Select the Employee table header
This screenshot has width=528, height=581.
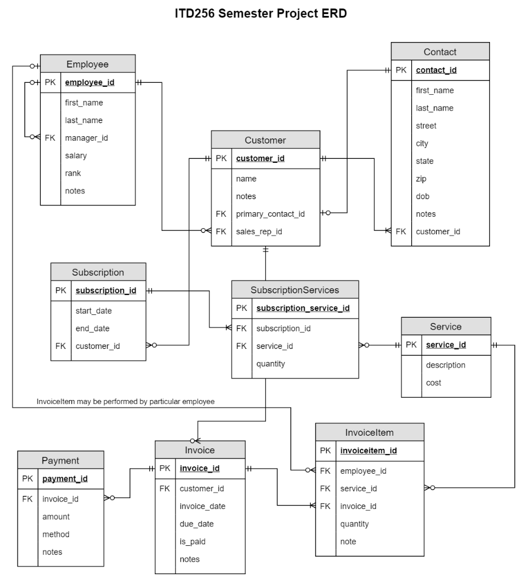(87, 64)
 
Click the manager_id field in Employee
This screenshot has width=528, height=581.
(87, 138)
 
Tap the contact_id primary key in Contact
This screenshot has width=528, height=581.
(436, 70)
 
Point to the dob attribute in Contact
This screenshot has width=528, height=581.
(423, 196)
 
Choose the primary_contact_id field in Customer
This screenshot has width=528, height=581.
(271, 214)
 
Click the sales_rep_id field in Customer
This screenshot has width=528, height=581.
(259, 231)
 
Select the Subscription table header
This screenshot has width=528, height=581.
(98, 272)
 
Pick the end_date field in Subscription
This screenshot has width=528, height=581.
(92, 329)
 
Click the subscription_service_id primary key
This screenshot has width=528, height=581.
(303, 309)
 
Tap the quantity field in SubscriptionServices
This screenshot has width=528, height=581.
(271, 364)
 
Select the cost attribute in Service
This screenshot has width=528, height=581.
(433, 383)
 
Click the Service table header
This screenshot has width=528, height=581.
(446, 327)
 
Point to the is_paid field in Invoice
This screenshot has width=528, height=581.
(192, 541)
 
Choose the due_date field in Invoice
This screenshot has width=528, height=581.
(196, 524)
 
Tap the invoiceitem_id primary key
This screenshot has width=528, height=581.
(368, 451)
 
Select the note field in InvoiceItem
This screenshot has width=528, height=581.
(348, 541)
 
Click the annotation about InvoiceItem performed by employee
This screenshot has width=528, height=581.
(125, 401)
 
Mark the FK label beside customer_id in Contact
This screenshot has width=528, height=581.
(401, 231)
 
